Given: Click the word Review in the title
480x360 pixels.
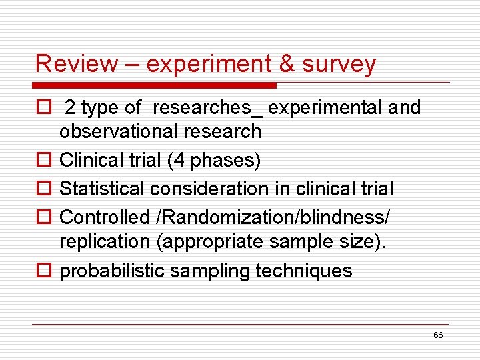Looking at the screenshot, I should click(67, 64).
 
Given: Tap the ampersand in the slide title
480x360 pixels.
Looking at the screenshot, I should click(287, 64).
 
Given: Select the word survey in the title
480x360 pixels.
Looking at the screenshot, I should click(339, 65).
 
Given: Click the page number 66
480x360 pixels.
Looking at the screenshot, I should click(438, 335).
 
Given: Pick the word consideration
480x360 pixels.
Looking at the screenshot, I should click(209, 189).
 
